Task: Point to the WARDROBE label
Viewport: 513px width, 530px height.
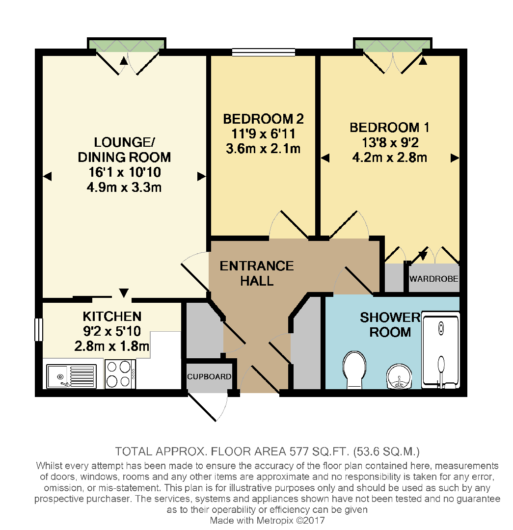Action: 434,279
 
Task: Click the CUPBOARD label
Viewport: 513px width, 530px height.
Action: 209,377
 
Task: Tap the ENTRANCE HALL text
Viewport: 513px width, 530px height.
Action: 256,273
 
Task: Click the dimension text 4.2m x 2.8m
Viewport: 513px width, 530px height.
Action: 389,158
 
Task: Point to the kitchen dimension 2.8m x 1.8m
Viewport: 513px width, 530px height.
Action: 111,346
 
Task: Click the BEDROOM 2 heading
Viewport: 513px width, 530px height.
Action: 263,119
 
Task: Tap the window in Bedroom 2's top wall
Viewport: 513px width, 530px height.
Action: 263,51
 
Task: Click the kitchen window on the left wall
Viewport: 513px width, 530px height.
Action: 38,329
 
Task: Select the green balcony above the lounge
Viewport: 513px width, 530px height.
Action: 126,45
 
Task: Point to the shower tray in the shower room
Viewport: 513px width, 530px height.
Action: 441,351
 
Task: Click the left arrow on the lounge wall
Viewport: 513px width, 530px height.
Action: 47,176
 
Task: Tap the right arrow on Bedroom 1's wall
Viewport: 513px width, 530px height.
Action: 455,158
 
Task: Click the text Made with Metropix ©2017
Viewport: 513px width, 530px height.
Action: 267,520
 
